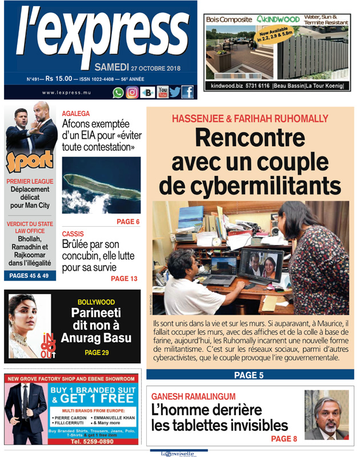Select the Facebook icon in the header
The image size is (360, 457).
(187, 92)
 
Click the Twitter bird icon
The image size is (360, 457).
(175, 92)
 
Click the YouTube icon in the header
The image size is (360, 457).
(162, 92)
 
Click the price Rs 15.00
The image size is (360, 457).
(59, 79)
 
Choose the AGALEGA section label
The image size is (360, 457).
(76, 114)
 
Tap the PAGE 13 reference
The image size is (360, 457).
(124, 279)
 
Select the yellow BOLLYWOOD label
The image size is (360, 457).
(96, 302)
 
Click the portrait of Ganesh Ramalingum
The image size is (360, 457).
(326, 415)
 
